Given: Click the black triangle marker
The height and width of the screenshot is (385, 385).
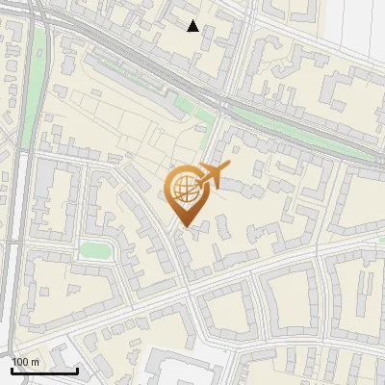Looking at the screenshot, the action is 193,26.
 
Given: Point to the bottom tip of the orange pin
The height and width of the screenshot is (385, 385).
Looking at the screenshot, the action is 184,227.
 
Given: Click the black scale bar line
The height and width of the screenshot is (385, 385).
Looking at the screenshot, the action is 43,371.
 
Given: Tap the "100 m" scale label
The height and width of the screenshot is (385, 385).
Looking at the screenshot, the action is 25,362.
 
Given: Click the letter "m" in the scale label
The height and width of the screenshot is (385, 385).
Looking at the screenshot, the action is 35,362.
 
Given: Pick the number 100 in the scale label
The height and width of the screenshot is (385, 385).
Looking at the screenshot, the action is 20,362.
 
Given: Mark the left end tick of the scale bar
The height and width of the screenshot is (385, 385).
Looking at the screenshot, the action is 11,369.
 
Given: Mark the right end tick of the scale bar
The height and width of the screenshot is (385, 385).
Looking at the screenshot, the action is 77,369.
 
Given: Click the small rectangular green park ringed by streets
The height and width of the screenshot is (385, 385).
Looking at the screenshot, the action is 95,251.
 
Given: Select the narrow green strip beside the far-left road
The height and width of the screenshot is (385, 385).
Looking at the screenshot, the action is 38,77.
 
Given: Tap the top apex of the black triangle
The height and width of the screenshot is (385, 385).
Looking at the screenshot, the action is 193,20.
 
